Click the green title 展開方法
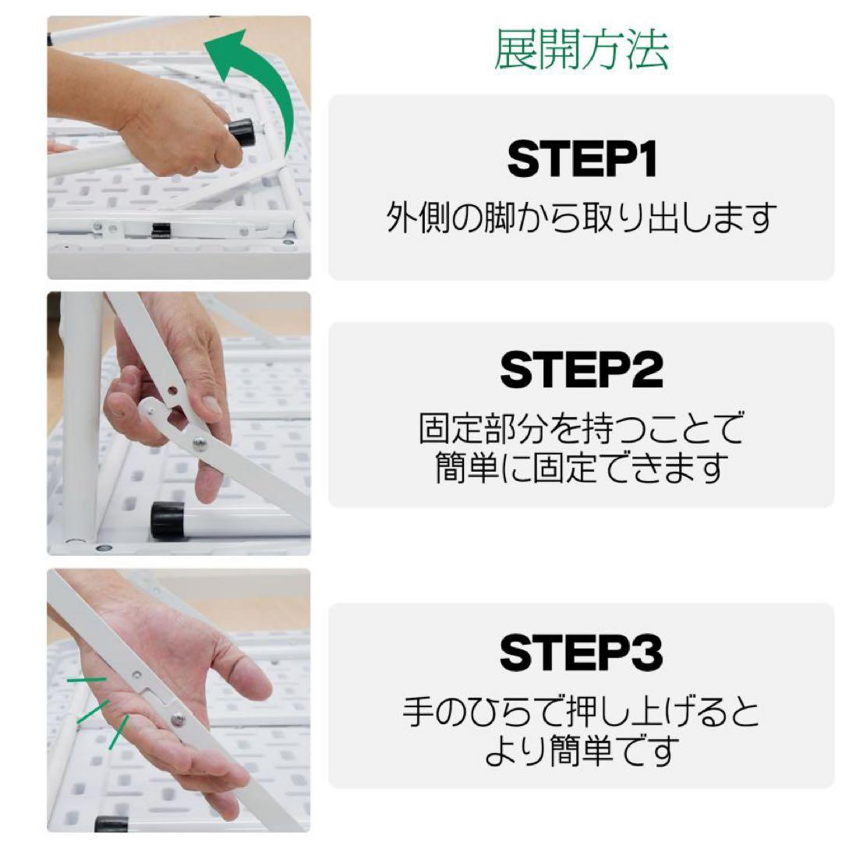pos(581,51)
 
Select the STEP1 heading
pos(582,160)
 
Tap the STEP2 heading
pos(582,370)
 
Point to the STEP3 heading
pos(582,653)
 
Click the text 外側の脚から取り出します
pos(582,219)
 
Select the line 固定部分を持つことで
pos(582,429)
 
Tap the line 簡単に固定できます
pos(582,468)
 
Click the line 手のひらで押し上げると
pos(582,713)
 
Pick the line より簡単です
pos(582,752)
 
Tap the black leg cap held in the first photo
pos(242,133)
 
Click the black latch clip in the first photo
pos(161,230)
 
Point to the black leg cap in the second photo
pos(168,520)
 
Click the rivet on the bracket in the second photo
pos(200,443)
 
